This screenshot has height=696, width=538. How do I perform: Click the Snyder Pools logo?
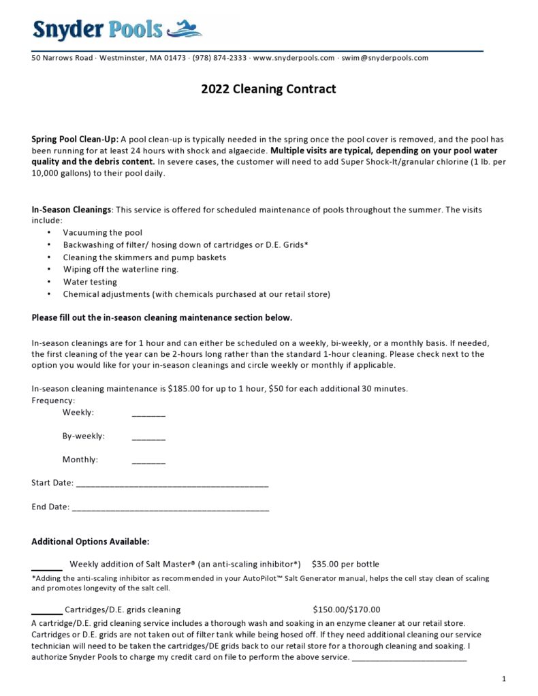(116, 29)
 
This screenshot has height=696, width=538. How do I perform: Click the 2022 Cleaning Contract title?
(268, 89)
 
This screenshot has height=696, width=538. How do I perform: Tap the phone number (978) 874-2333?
(219, 58)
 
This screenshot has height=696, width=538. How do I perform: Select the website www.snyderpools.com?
(294, 58)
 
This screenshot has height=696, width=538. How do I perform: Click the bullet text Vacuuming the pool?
(103, 233)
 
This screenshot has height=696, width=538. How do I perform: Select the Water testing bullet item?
(90, 282)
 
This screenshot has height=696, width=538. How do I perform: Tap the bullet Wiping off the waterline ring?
(121, 270)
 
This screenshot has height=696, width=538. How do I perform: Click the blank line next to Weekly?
(148, 415)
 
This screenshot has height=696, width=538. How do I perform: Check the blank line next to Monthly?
(148, 462)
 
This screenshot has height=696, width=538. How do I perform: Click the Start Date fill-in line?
(172, 486)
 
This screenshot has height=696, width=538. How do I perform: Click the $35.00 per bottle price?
(345, 565)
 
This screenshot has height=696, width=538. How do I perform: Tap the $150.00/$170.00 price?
(347, 610)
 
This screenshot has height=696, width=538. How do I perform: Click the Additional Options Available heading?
(91, 542)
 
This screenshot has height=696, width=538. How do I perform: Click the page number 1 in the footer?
(503, 679)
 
